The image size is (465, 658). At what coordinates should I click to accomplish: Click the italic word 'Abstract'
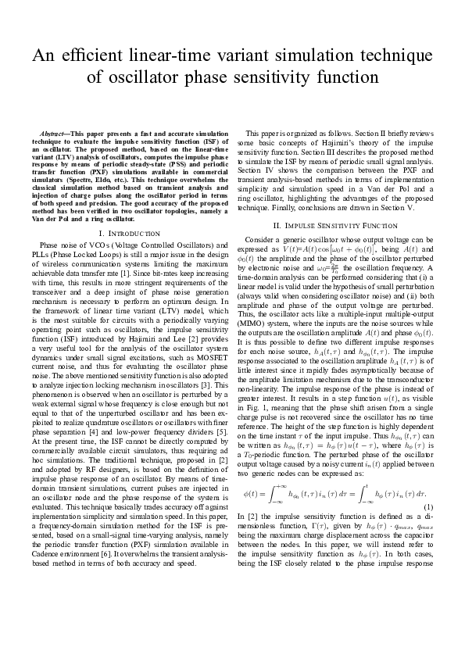point(53,134)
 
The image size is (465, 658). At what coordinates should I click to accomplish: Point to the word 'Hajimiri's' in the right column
point(328,142)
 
